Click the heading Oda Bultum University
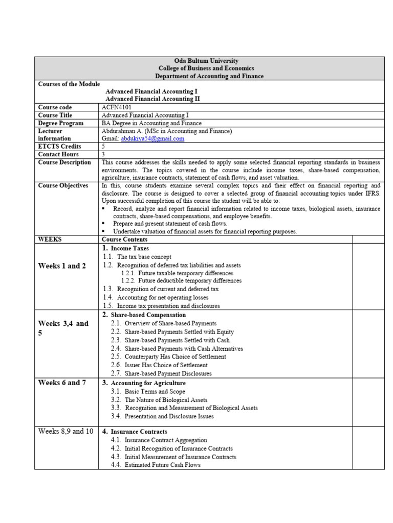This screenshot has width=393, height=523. tap(206, 61)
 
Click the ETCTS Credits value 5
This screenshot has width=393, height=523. tap(104, 146)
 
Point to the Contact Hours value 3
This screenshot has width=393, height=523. tap(104, 154)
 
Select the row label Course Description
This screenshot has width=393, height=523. tap(64, 162)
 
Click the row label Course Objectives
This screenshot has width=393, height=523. tap(63, 186)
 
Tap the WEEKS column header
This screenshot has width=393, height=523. tap(50, 239)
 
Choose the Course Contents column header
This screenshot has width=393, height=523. tap(124, 239)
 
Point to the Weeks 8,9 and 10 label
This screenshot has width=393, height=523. tap(65, 431)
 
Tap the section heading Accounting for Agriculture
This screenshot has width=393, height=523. tap(148, 383)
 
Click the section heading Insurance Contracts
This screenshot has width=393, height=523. tap(139, 432)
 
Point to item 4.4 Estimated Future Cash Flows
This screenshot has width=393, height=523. tap(162, 465)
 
